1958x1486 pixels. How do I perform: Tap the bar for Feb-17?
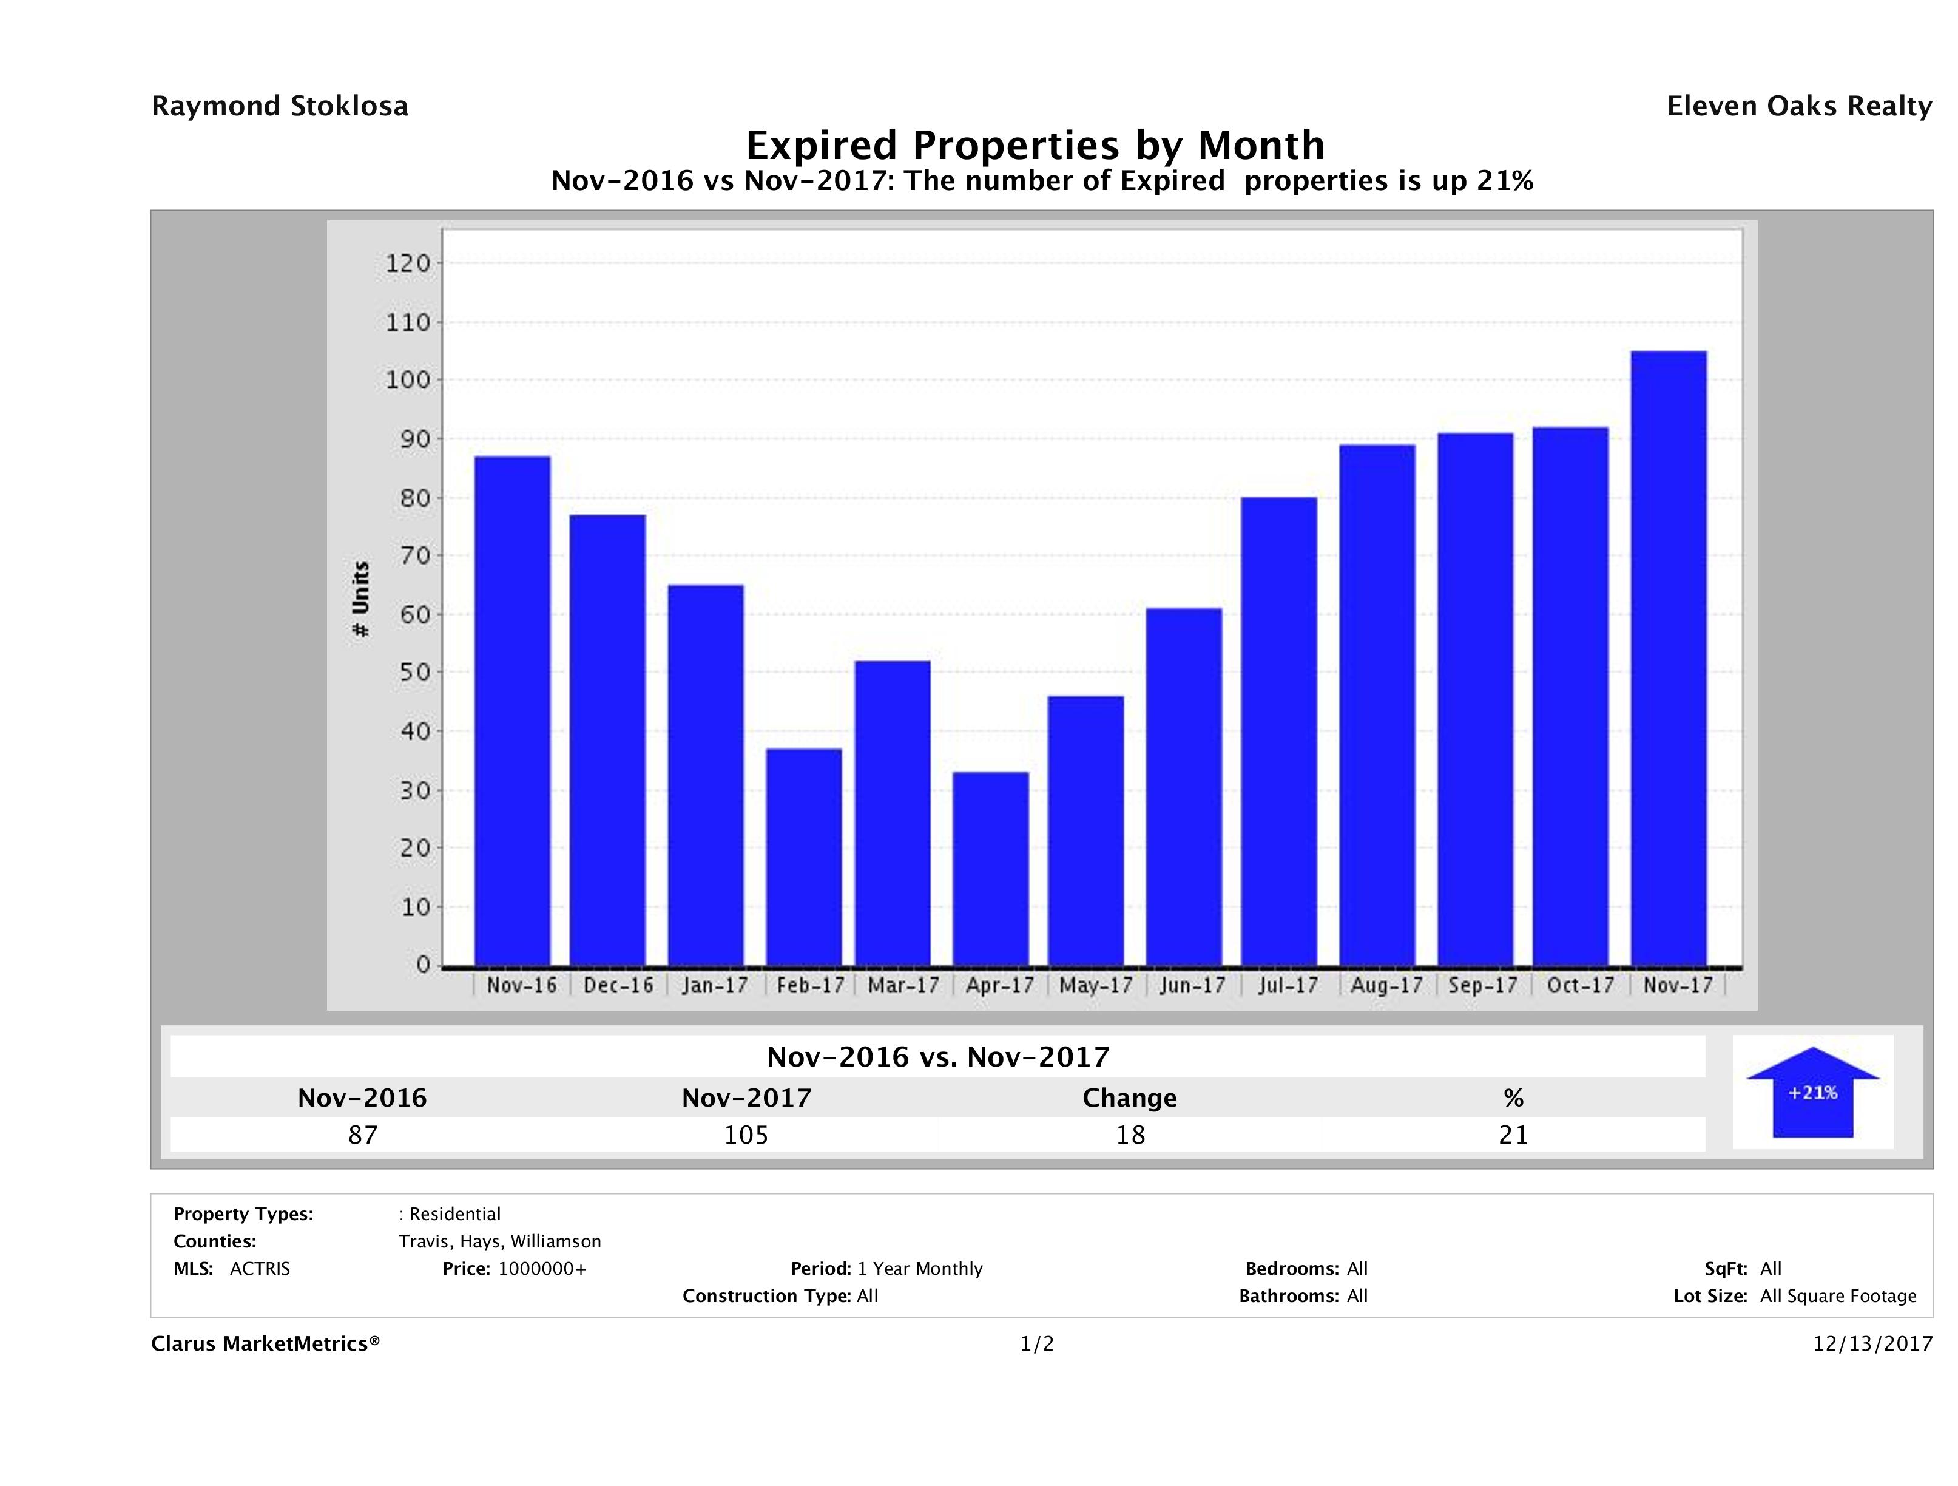(x=804, y=857)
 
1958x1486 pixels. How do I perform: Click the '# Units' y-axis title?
(x=361, y=600)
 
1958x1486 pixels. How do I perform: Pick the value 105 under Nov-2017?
(x=746, y=1135)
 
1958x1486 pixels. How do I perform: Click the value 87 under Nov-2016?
(x=362, y=1135)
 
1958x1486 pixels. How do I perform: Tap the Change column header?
(x=1130, y=1098)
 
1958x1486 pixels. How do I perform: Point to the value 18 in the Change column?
(x=1130, y=1135)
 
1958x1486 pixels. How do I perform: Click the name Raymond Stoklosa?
(x=280, y=106)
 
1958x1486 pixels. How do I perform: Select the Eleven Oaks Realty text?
(x=1798, y=106)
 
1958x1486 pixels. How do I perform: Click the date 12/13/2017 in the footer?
(x=1872, y=1345)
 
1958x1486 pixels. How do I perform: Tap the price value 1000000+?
(x=542, y=1269)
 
